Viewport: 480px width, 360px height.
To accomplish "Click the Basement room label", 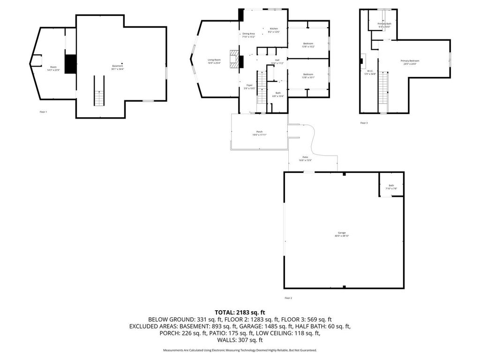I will tap(117, 67).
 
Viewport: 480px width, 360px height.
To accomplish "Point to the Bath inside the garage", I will tap(391, 187).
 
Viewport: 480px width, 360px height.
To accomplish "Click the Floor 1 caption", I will tap(43, 112).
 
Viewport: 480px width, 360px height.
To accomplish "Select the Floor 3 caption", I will tap(364, 123).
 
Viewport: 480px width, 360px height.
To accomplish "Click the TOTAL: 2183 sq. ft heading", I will tap(240, 312).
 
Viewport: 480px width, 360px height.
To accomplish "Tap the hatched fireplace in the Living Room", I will tap(233, 60).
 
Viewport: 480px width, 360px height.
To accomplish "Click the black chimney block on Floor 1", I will tap(70, 64).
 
